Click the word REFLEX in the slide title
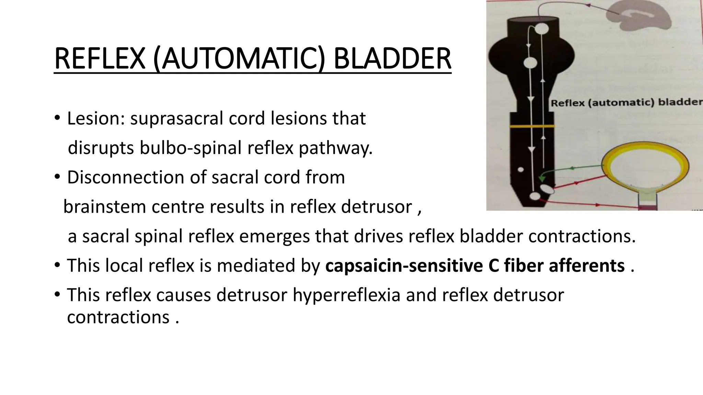(x=100, y=59)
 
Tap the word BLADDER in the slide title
(x=392, y=59)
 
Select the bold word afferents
(x=587, y=266)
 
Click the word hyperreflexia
(x=346, y=295)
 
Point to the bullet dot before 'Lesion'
(x=57, y=119)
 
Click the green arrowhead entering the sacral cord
(x=542, y=178)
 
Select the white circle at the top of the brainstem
(x=541, y=28)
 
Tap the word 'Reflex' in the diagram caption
(x=568, y=103)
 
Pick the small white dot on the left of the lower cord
(x=521, y=169)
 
